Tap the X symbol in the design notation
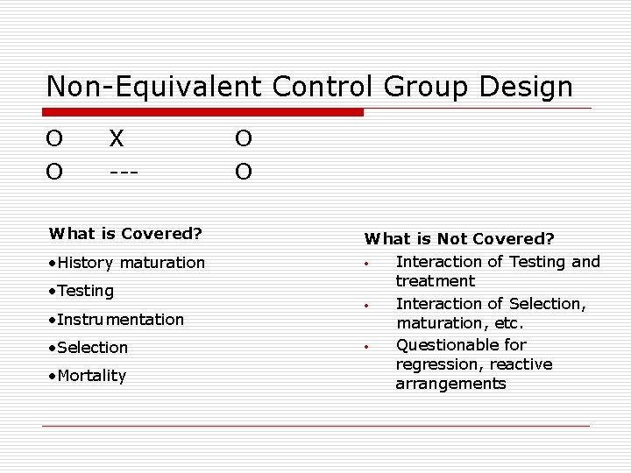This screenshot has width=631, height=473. pyautogui.click(x=117, y=138)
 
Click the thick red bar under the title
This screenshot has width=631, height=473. pyautogui.click(x=203, y=112)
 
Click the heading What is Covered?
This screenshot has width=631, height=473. pyautogui.click(x=126, y=233)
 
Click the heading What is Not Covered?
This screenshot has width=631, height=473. pyautogui.click(x=459, y=238)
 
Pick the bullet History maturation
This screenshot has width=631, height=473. pyautogui.click(x=127, y=263)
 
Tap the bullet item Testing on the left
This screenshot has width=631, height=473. pyautogui.click(x=82, y=291)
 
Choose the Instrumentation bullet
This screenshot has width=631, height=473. pyautogui.click(x=117, y=319)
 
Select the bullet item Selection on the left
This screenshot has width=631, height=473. pyautogui.click(x=89, y=348)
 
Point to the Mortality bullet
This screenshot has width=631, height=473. pyautogui.click(x=88, y=376)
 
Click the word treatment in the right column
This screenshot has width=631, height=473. pyautogui.click(x=435, y=281)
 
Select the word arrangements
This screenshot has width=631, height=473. pyautogui.click(x=450, y=384)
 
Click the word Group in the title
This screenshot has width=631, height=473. pyautogui.click(x=419, y=87)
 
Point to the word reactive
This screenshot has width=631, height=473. pyautogui.click(x=521, y=364)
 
